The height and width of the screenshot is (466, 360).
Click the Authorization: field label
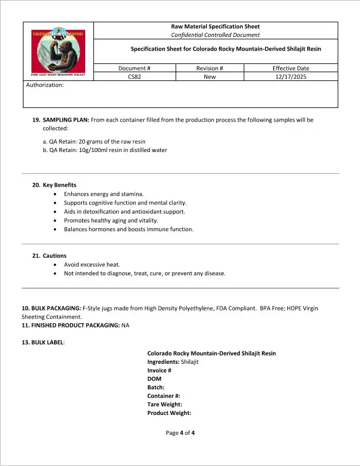[45, 85]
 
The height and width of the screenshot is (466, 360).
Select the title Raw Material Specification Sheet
[215, 26]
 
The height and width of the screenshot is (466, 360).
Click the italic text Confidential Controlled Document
[215, 35]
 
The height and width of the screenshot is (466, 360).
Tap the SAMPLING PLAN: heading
[66, 120]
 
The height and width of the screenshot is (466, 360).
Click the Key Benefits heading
[59, 185]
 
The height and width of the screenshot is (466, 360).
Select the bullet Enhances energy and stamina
[103, 194]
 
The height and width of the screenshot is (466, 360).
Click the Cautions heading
[55, 256]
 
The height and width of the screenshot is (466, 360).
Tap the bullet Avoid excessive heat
[95, 265]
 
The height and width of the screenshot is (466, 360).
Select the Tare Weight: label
[164, 404]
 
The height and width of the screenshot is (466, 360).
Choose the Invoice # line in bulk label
[159, 370]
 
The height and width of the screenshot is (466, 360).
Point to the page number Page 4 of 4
[180, 433]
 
